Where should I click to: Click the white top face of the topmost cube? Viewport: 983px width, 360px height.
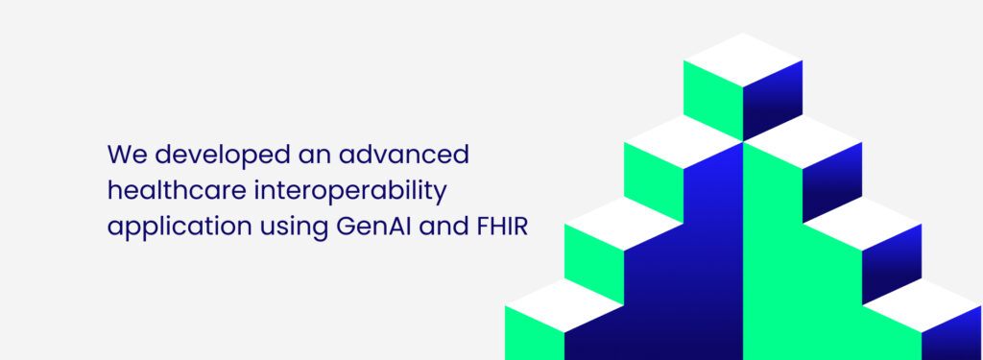pos(743,59)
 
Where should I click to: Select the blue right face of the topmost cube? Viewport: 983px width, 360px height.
pos(774,101)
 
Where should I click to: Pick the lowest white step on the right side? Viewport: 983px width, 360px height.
pos(923,306)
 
